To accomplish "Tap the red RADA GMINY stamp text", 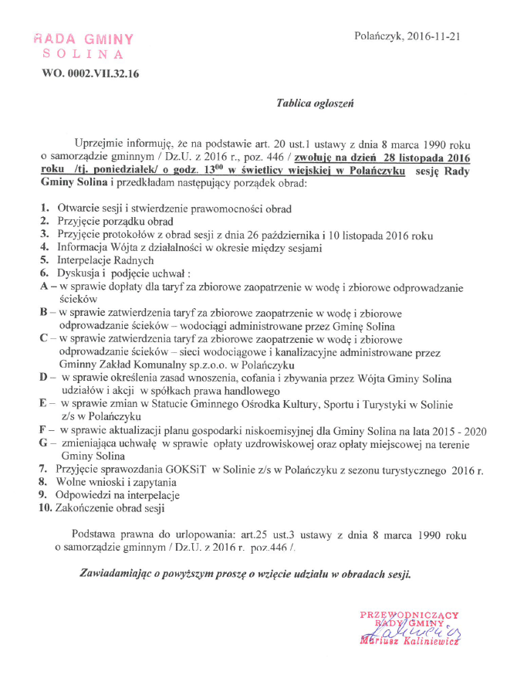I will coord(83,39).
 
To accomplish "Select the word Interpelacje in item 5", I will coord(87,260).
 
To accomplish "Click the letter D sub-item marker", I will coord(43,378).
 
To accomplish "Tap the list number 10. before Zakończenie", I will coord(45,508).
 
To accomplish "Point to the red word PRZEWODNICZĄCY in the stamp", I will coord(409,615).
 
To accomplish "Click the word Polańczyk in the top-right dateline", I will coord(377,36).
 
